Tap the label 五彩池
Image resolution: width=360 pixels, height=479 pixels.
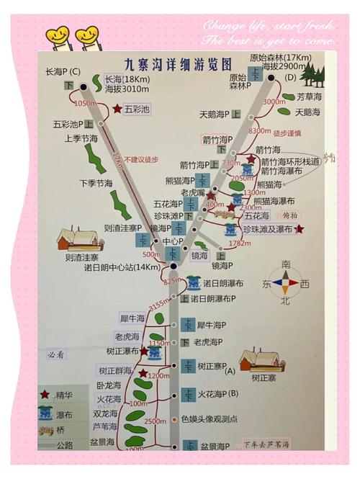pyautogui.click(x=138, y=109)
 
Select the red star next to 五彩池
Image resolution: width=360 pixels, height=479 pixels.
pyautogui.click(x=117, y=109)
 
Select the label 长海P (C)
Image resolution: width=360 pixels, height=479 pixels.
pyautogui.click(x=63, y=72)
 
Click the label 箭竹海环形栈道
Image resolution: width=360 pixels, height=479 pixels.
pyautogui.click(x=289, y=161)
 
